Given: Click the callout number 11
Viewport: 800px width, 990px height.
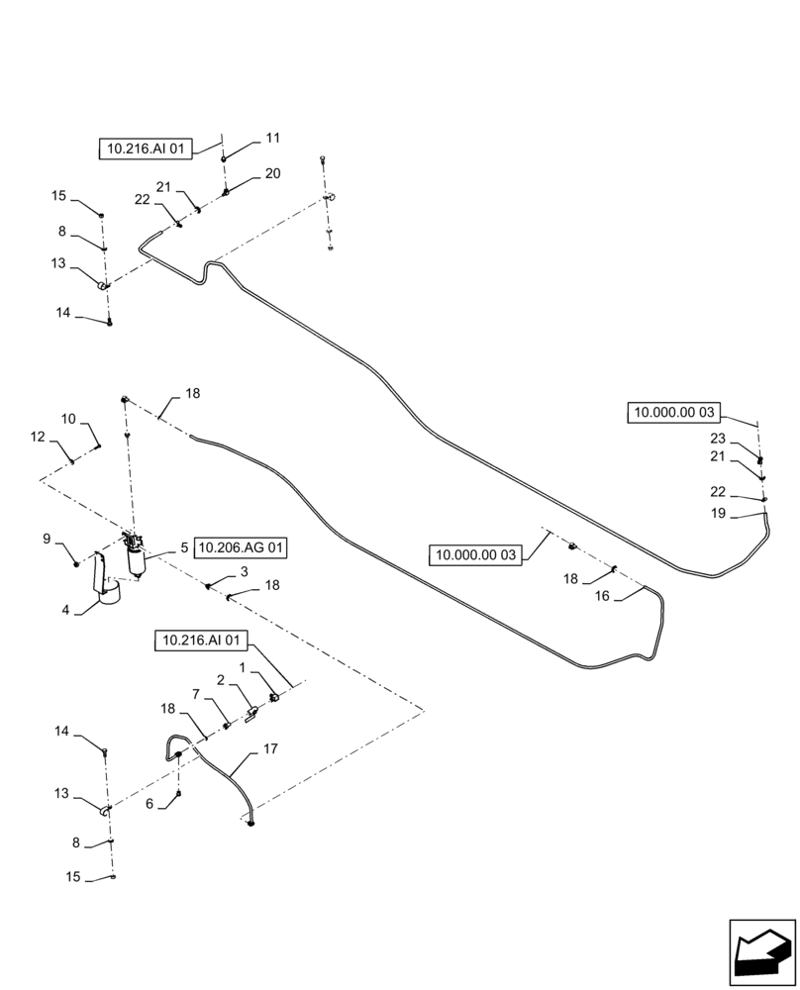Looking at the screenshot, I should coord(272,139).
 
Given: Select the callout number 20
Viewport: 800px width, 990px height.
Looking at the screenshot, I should coord(272,174).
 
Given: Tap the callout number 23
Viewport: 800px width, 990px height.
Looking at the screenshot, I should coord(717,439).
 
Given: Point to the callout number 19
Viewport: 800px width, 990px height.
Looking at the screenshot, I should coord(717,514).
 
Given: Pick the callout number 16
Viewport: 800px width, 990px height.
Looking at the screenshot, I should coord(601,596).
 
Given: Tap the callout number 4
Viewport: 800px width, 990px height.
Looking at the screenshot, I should coord(66,611).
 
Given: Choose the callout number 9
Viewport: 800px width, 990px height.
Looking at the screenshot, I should coord(47,539).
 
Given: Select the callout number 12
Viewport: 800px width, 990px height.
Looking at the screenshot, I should coord(37,437).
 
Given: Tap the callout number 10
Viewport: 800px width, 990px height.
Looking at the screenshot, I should coord(68,419).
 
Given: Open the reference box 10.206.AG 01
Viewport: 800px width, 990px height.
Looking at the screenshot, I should coord(243,546).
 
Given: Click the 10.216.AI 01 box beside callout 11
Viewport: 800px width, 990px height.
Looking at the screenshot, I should coord(145,149).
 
